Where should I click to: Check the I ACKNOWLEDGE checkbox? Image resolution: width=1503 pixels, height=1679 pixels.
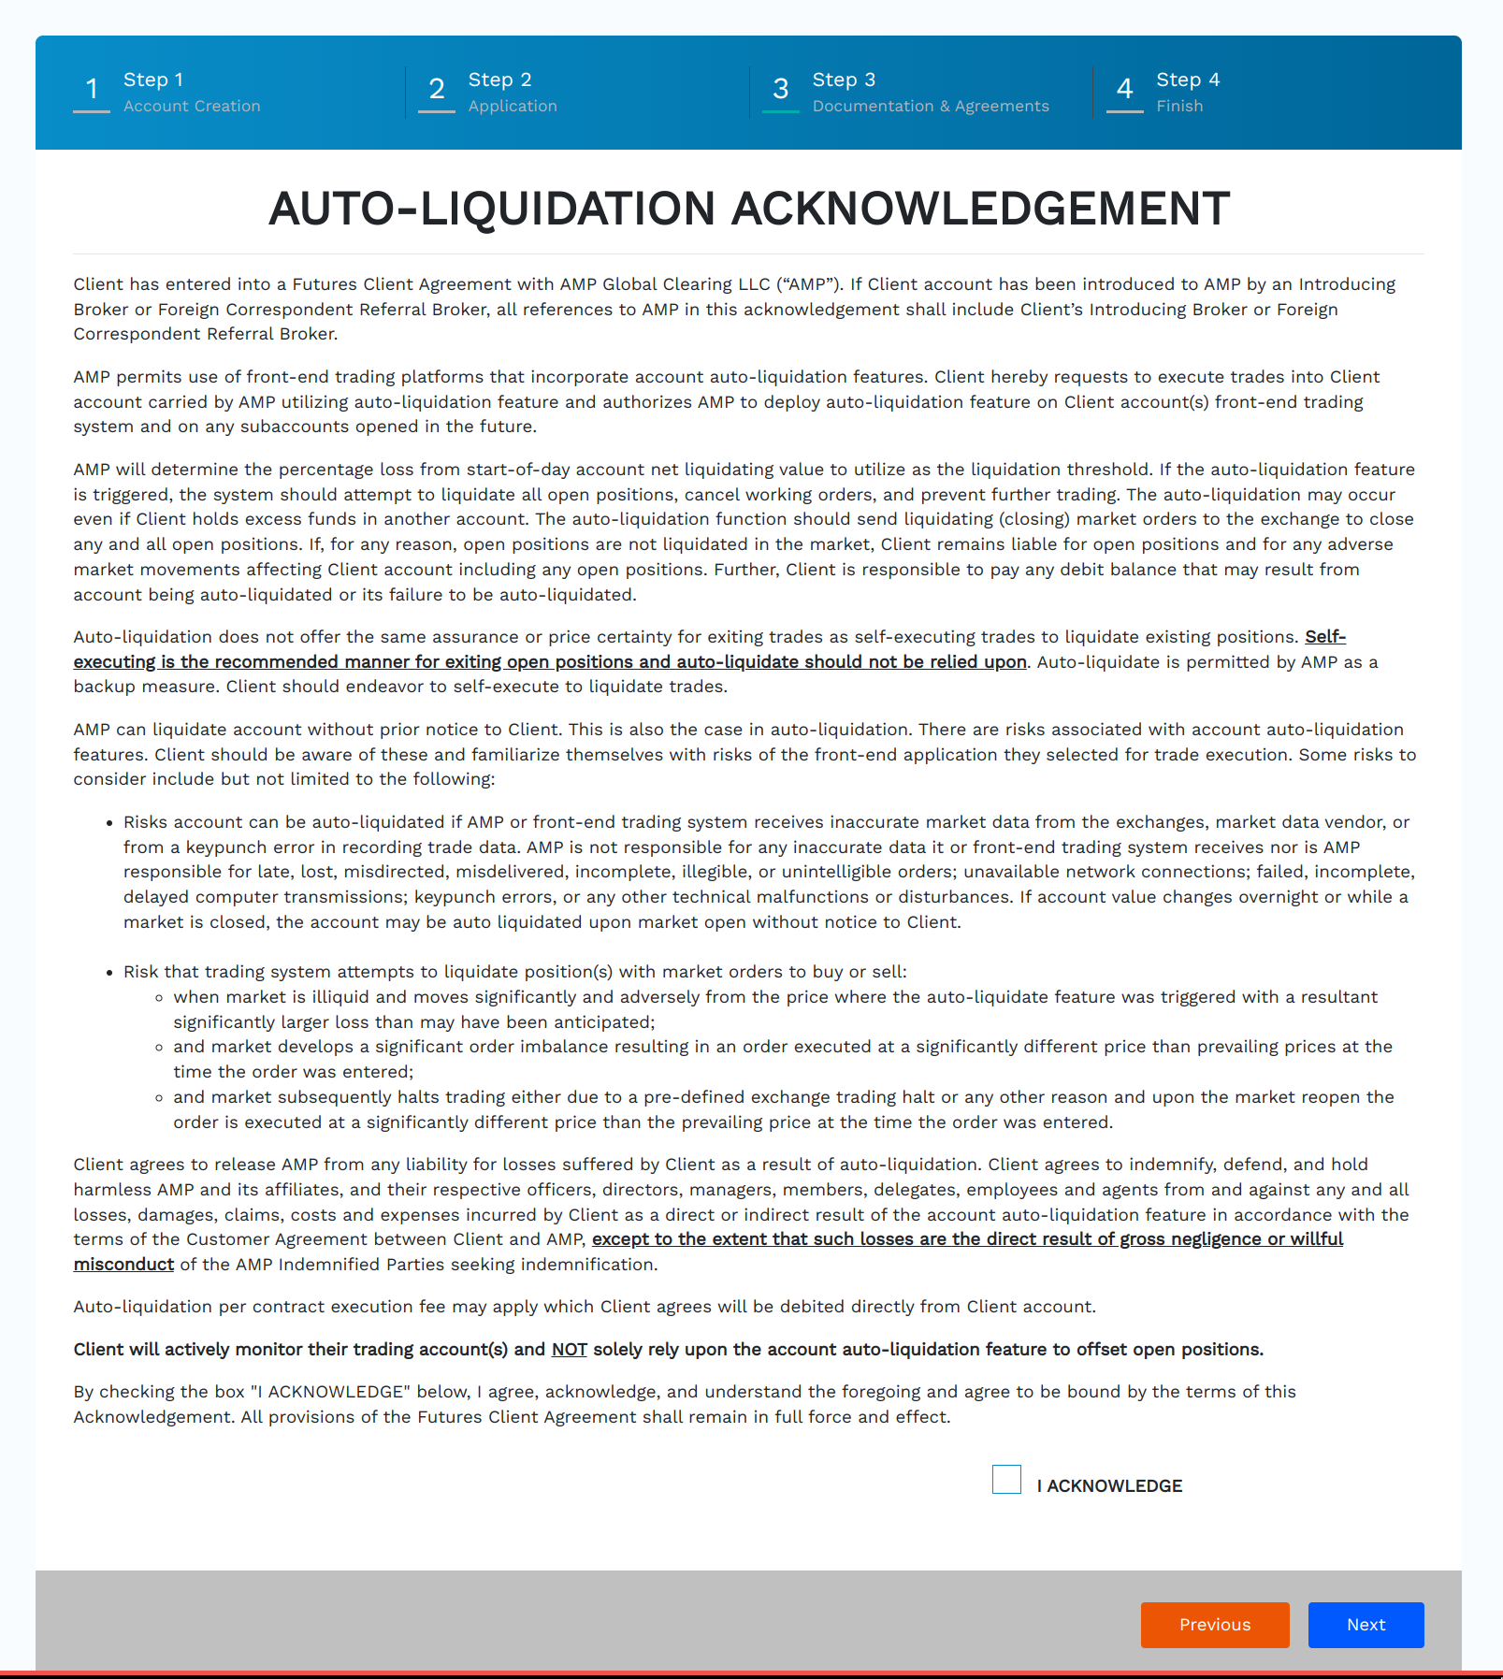1006,1479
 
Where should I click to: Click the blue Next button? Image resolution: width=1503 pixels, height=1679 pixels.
1366,1625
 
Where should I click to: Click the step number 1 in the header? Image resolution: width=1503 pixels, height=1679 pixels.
92,89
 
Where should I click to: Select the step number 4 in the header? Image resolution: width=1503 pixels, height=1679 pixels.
1124,89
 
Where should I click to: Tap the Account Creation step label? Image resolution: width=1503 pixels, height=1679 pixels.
192,107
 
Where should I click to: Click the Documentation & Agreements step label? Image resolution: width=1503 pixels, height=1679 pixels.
931,107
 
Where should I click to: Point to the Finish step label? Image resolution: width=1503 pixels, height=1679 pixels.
1179,107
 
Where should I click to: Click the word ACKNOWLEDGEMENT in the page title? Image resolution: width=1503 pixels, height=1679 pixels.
980,209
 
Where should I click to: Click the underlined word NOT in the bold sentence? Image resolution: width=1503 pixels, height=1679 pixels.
569,1349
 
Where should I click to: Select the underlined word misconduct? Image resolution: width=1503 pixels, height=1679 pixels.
123,1265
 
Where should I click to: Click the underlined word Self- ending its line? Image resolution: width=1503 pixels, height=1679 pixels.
1325,637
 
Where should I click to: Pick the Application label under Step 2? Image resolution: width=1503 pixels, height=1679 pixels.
513,107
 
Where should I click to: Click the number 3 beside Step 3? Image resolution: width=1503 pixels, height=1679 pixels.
780,89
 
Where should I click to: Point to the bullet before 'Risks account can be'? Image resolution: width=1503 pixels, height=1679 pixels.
110,823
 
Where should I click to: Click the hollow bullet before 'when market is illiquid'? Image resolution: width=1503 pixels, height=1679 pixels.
160,998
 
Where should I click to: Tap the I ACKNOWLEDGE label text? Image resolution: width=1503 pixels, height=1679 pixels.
1109,1485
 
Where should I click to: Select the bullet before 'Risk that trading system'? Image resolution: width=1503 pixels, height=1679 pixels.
110,973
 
